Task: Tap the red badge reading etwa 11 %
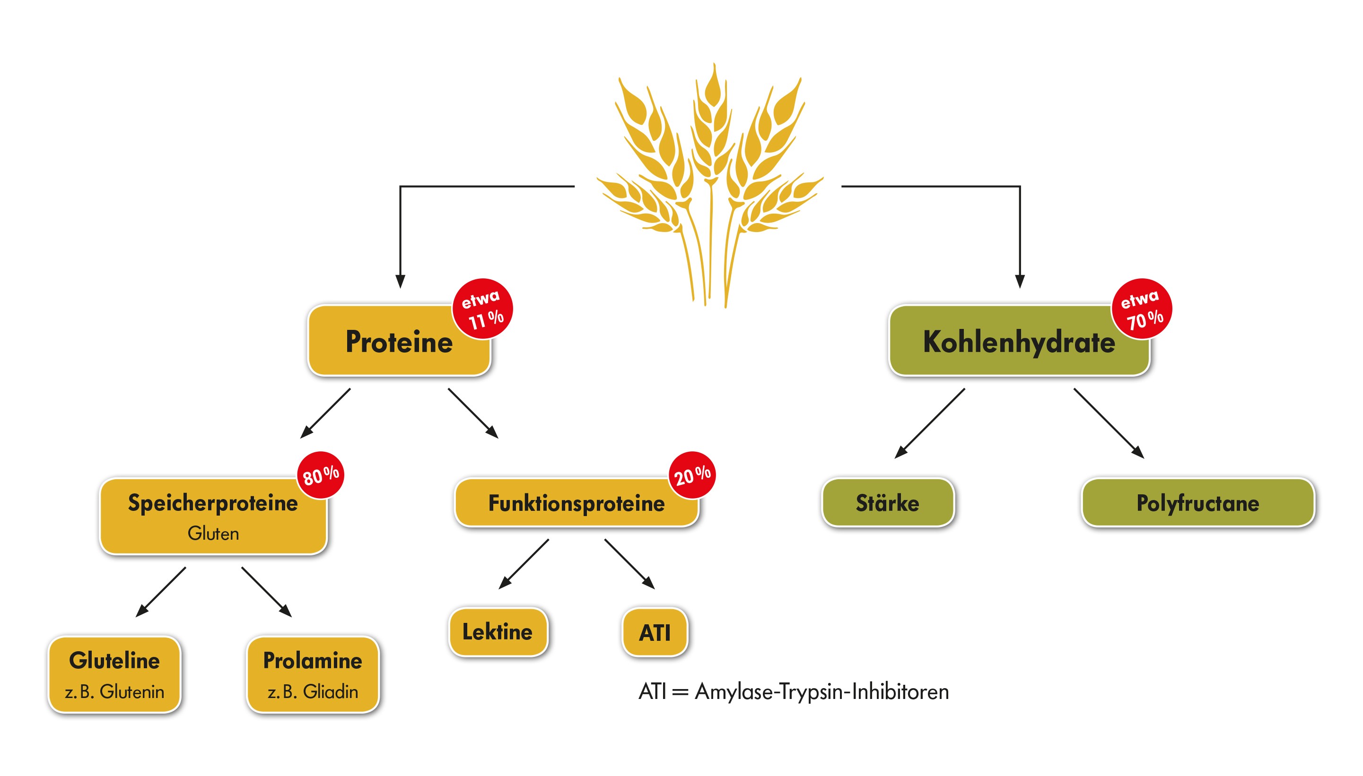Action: (x=482, y=309)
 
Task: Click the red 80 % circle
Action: (x=321, y=475)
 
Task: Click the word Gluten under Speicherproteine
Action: (x=213, y=534)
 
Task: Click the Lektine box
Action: (x=498, y=632)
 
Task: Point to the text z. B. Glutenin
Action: (x=114, y=692)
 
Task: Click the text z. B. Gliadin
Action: (x=313, y=692)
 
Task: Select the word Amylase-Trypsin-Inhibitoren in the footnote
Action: (x=821, y=692)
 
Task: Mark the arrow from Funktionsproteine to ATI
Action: (x=629, y=564)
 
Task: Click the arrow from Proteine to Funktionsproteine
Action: (x=473, y=413)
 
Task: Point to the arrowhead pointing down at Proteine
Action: (x=401, y=281)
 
